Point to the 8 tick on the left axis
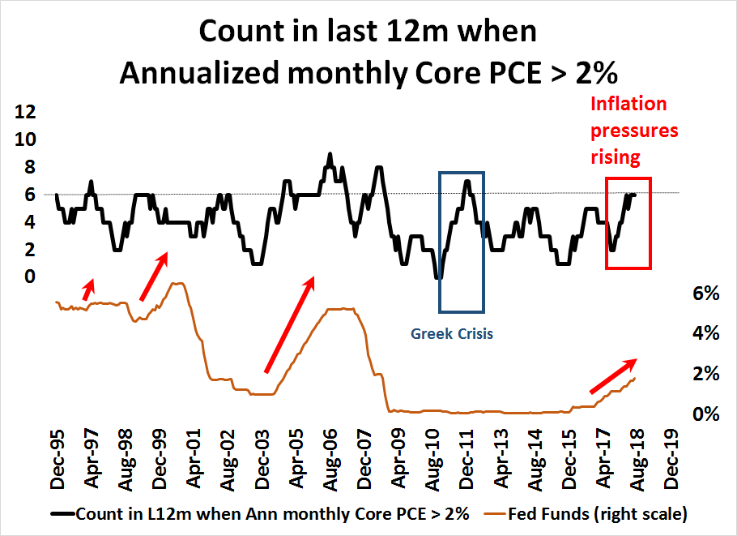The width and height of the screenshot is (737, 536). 30,167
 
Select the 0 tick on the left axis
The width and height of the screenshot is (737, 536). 30,277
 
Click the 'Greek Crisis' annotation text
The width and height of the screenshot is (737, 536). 452,333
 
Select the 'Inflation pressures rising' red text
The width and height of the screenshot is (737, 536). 634,130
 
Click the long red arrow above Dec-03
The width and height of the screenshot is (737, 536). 290,324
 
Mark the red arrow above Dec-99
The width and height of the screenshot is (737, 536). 153,277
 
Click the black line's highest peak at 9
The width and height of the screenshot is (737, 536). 330,153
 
